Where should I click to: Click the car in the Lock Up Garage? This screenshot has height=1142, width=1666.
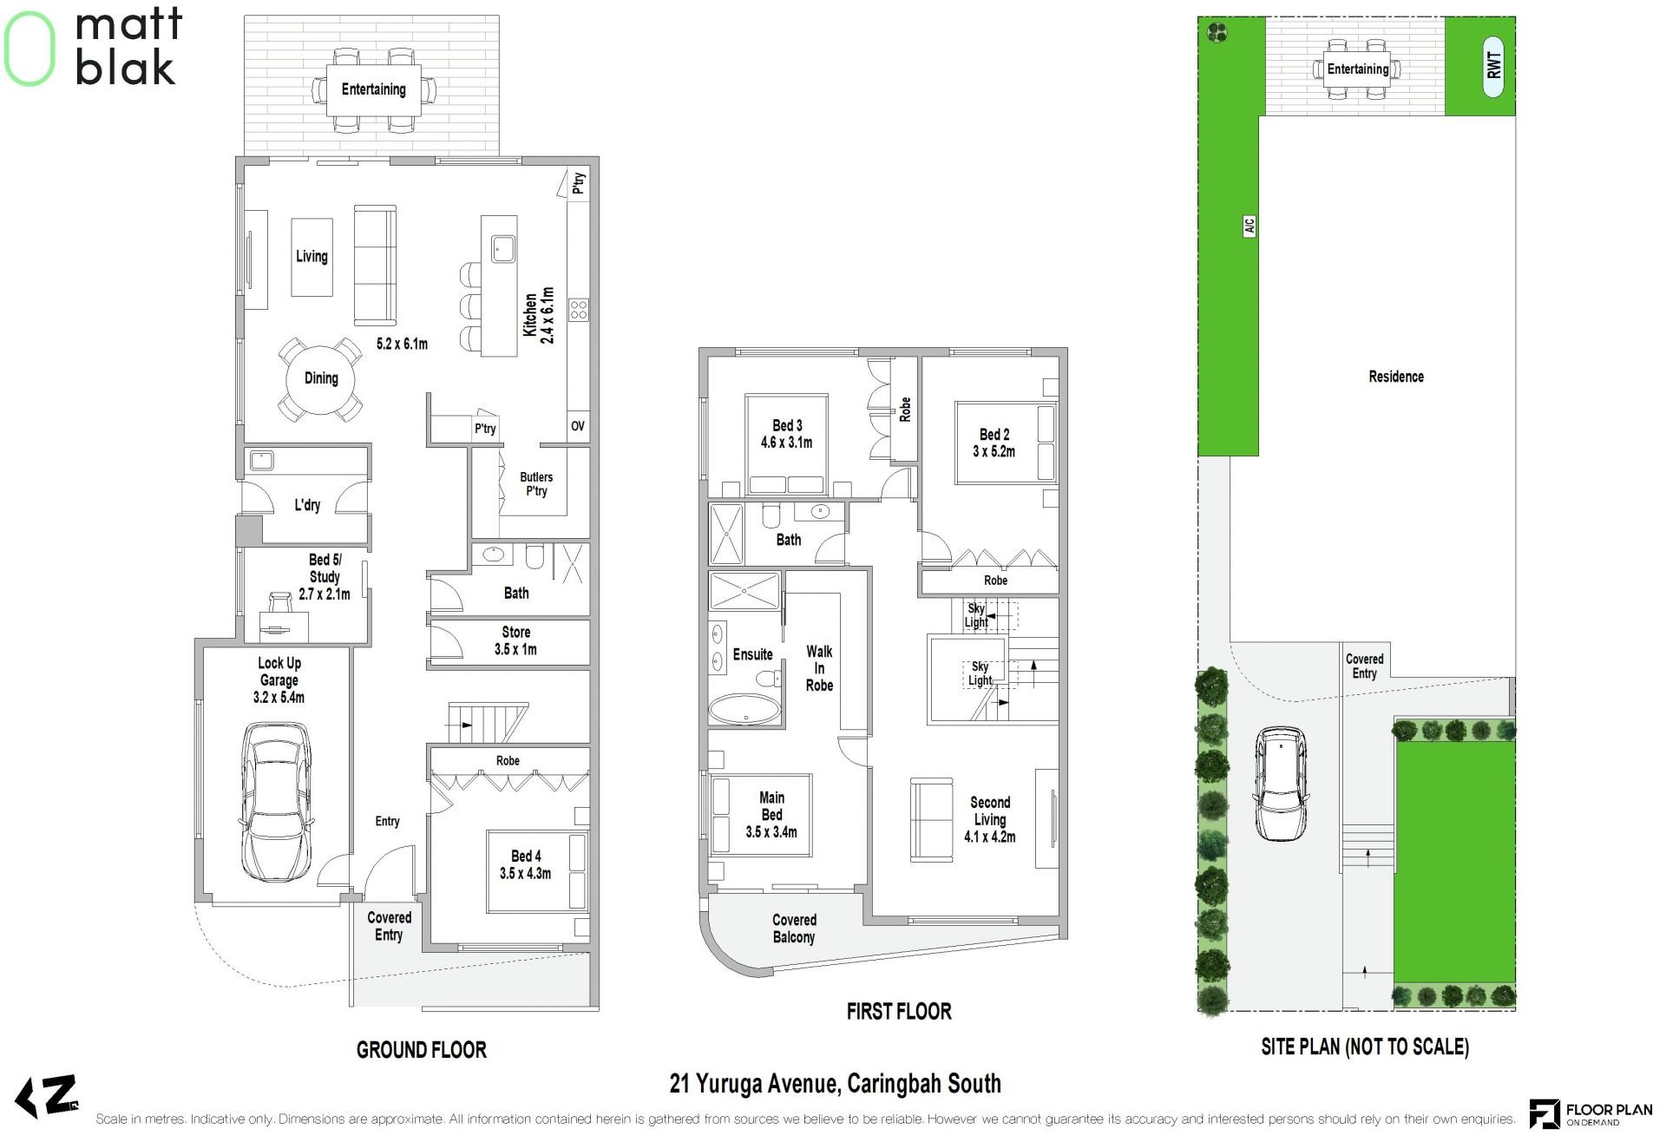pyautogui.click(x=277, y=802)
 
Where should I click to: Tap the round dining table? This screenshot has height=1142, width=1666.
pyautogui.click(x=320, y=379)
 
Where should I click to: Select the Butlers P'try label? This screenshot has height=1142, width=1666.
pyautogui.click(x=536, y=484)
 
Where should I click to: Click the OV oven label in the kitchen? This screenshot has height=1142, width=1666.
pyautogui.click(x=578, y=426)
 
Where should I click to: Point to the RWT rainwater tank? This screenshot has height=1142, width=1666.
pyautogui.click(x=1493, y=65)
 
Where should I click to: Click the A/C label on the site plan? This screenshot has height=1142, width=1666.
pyautogui.click(x=1249, y=226)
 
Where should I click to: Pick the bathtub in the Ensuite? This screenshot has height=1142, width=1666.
pyautogui.click(x=744, y=708)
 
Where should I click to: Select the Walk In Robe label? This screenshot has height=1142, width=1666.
pyautogui.click(x=819, y=668)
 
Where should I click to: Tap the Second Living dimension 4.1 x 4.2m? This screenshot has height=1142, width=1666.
pyautogui.click(x=990, y=837)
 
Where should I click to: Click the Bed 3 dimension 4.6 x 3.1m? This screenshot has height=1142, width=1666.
pyautogui.click(x=786, y=443)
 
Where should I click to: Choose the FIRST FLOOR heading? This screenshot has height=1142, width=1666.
pyautogui.click(x=899, y=1011)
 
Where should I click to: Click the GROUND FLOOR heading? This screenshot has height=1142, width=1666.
pyautogui.click(x=422, y=1050)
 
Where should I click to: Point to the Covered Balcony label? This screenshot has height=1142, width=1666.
pyautogui.click(x=794, y=929)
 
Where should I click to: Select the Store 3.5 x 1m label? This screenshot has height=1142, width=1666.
pyautogui.click(x=515, y=640)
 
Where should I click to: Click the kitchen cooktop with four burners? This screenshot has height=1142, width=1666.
pyautogui.click(x=579, y=309)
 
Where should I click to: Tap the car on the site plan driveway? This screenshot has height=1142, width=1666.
pyautogui.click(x=1281, y=784)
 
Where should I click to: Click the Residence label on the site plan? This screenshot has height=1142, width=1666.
pyautogui.click(x=1396, y=377)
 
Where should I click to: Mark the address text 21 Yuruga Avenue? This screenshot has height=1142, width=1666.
pyautogui.click(x=752, y=1084)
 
